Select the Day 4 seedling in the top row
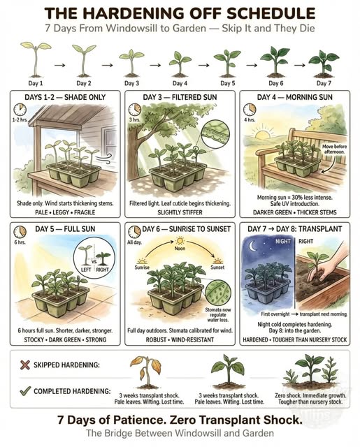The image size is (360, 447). point(179,61)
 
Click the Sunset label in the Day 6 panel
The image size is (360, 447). point(217,268)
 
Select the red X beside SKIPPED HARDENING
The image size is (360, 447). point(26,365)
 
